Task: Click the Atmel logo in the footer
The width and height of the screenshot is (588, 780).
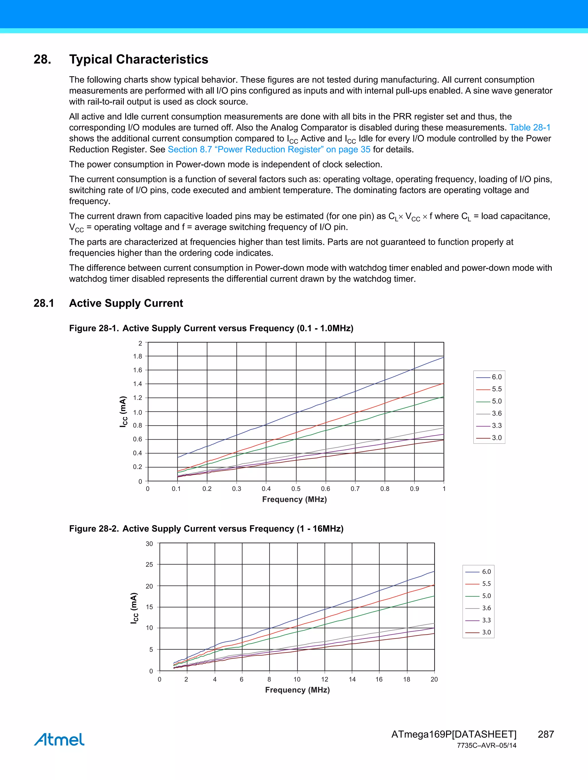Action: [x=59, y=739]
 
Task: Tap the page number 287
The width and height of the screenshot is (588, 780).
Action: [x=546, y=734]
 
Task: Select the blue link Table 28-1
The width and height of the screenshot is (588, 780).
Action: [x=529, y=127]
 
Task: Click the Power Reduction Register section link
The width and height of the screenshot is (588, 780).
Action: [x=269, y=149]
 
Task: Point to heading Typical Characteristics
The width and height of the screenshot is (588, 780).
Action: [x=139, y=59]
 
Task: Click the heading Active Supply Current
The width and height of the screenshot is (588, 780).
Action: [x=126, y=303]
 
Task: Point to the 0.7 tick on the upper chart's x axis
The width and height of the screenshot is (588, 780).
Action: [x=355, y=489]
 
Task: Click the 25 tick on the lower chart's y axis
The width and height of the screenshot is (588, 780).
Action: [x=149, y=565]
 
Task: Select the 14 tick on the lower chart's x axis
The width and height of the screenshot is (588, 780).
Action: [x=352, y=679]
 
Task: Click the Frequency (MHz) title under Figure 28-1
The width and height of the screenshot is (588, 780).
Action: [x=294, y=499]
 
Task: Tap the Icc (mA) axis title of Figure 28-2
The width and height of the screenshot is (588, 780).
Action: [x=134, y=608]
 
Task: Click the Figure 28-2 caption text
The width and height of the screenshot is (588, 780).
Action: [x=206, y=529]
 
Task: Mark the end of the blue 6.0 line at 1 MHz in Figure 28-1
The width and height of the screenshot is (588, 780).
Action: [x=443, y=357]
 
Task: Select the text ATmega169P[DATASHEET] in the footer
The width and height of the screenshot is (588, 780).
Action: [x=454, y=734]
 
